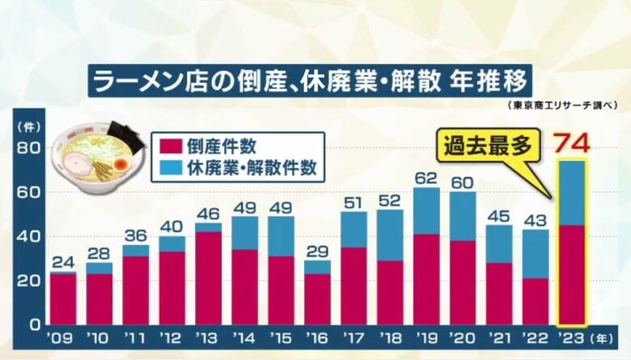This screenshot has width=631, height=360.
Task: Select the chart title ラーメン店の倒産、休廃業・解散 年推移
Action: [x=310, y=82]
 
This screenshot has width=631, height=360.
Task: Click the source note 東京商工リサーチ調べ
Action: [x=564, y=106]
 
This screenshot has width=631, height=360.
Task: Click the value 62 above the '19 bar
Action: [x=426, y=177]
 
